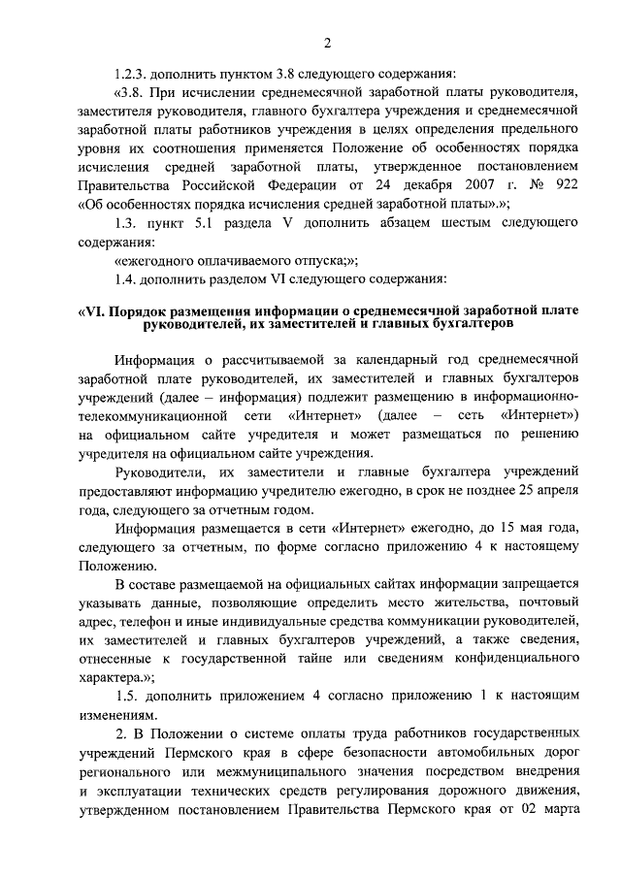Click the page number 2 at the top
(x=327, y=43)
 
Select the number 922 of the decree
(x=564, y=184)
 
